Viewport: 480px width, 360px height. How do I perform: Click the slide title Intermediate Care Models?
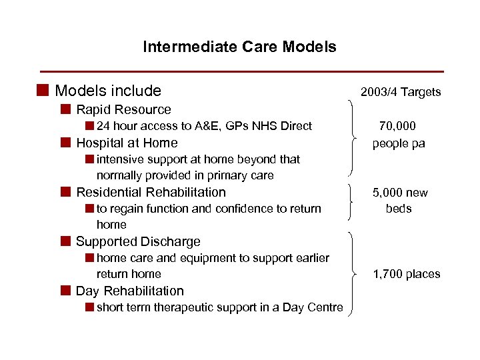[239, 47]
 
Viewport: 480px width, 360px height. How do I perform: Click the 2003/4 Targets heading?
[400, 92]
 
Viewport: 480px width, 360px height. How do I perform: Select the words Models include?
[108, 91]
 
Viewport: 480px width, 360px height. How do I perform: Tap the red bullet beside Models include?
[43, 90]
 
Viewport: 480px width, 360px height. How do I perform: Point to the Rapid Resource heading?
[123, 109]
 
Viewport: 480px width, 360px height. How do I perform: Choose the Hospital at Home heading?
[127, 143]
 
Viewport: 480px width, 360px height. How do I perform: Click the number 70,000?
[399, 126]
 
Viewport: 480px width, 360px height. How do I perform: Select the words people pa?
[399, 143]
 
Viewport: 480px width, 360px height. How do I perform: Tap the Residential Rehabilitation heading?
[151, 192]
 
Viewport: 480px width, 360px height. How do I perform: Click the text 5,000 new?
[400, 193]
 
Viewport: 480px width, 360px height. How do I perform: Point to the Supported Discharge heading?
[138, 241]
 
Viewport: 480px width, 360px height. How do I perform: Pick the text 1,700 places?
[406, 274]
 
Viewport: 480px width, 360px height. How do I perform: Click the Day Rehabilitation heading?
[130, 291]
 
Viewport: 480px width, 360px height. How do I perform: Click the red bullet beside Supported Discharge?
[65, 241]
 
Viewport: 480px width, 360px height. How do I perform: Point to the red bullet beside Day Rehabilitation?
[65, 291]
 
